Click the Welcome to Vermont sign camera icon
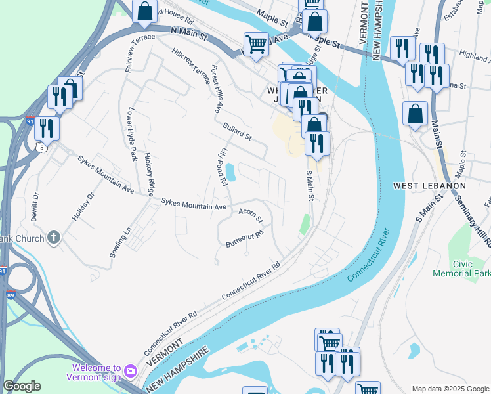click(x=131, y=372)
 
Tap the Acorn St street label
click(x=251, y=215)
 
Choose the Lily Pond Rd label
click(x=223, y=167)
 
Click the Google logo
click(x=22, y=387)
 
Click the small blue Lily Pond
click(x=231, y=173)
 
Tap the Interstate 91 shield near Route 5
click(x=29, y=121)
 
